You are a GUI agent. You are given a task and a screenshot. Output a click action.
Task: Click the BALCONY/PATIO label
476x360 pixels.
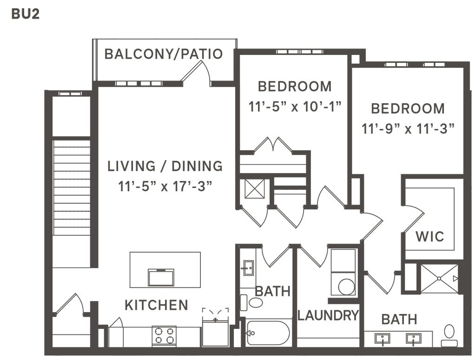(x=164, y=54)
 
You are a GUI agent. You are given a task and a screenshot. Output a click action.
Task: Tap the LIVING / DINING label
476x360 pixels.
(x=165, y=166)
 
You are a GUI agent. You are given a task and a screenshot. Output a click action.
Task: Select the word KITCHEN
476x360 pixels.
(x=156, y=305)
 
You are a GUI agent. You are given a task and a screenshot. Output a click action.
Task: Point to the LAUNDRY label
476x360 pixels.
(x=329, y=316)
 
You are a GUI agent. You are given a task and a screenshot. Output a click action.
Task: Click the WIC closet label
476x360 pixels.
(x=430, y=236)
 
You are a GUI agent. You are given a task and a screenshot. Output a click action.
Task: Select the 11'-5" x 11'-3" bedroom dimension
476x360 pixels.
(x=408, y=128)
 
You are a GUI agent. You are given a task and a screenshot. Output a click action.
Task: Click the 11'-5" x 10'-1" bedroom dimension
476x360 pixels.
(x=295, y=107)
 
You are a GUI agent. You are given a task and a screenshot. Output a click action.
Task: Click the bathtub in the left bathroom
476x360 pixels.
(x=269, y=333)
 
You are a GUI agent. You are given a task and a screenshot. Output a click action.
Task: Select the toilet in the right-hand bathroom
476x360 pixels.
(x=449, y=333)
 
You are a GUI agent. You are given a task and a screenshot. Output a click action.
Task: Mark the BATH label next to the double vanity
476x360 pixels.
(x=399, y=320)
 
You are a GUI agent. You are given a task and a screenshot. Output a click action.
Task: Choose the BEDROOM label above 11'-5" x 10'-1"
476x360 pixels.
(x=295, y=86)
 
